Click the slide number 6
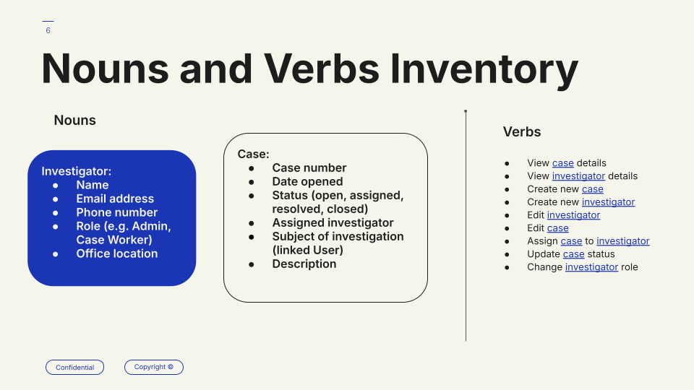click(x=48, y=30)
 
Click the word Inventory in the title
click(x=484, y=69)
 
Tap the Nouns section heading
click(x=74, y=121)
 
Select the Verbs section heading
click(x=522, y=131)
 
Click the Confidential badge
click(x=74, y=368)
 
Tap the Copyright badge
click(x=153, y=367)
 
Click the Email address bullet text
click(x=115, y=199)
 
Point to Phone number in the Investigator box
click(x=117, y=212)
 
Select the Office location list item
click(x=117, y=253)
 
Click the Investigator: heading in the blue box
click(x=77, y=171)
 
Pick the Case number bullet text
click(x=309, y=168)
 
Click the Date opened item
click(x=308, y=181)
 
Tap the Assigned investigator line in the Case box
click(x=333, y=222)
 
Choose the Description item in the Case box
click(x=304, y=264)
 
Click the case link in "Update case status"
click(x=573, y=254)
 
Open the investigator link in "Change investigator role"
click(x=592, y=267)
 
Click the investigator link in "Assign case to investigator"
click(x=623, y=241)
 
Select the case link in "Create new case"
click(x=593, y=189)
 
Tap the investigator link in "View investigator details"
click(x=578, y=176)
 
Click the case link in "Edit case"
click(x=557, y=228)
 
